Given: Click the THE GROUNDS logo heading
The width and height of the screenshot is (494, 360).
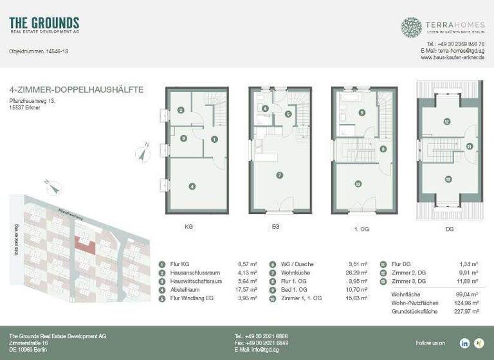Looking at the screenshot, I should (44, 24).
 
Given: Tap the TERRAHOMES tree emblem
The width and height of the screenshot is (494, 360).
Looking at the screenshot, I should (412, 27).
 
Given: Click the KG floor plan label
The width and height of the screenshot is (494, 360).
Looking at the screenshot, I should (188, 226).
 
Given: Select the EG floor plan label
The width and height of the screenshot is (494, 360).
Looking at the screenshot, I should (275, 226).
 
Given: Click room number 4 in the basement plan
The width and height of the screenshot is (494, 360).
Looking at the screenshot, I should (192, 186).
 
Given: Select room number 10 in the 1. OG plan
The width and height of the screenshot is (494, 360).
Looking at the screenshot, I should (358, 183).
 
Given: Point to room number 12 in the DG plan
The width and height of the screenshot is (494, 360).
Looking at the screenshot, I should (446, 121).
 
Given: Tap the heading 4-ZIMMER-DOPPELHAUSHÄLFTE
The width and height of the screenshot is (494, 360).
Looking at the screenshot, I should (77, 90).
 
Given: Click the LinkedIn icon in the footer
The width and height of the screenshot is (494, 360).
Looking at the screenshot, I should (464, 343).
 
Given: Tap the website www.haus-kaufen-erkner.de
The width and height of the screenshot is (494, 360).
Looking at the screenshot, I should (452, 57).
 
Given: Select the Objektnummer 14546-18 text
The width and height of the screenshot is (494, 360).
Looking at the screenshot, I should (39, 51).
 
